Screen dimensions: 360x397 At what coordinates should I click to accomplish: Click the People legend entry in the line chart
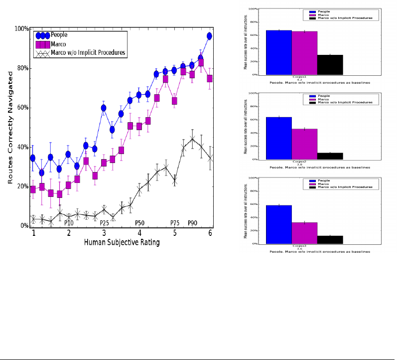[59, 35]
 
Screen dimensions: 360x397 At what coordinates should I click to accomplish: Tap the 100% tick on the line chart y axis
[21, 29]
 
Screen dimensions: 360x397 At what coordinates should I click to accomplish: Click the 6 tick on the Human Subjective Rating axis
[210, 233]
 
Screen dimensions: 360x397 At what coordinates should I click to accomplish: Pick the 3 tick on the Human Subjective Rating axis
[104, 233]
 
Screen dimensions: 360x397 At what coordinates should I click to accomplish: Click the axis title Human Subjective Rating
[122, 243]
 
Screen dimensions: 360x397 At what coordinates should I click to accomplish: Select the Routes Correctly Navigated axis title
[10, 127]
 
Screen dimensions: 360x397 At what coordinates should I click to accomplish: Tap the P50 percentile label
[140, 223]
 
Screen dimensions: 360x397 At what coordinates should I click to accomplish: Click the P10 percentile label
[69, 223]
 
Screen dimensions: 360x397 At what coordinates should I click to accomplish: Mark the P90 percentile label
[193, 223]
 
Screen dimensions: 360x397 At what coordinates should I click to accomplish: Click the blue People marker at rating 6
[210, 36]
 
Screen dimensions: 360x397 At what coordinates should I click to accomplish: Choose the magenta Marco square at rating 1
[33, 189]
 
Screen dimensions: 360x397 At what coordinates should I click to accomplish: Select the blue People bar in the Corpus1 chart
[279, 52]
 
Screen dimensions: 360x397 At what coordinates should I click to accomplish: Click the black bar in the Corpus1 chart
[330, 64]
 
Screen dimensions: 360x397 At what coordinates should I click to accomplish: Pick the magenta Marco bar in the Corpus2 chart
[304, 144]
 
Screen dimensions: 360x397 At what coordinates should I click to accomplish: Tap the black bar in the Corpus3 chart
[330, 239]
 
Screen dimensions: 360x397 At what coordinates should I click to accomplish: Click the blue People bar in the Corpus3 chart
[279, 224]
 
